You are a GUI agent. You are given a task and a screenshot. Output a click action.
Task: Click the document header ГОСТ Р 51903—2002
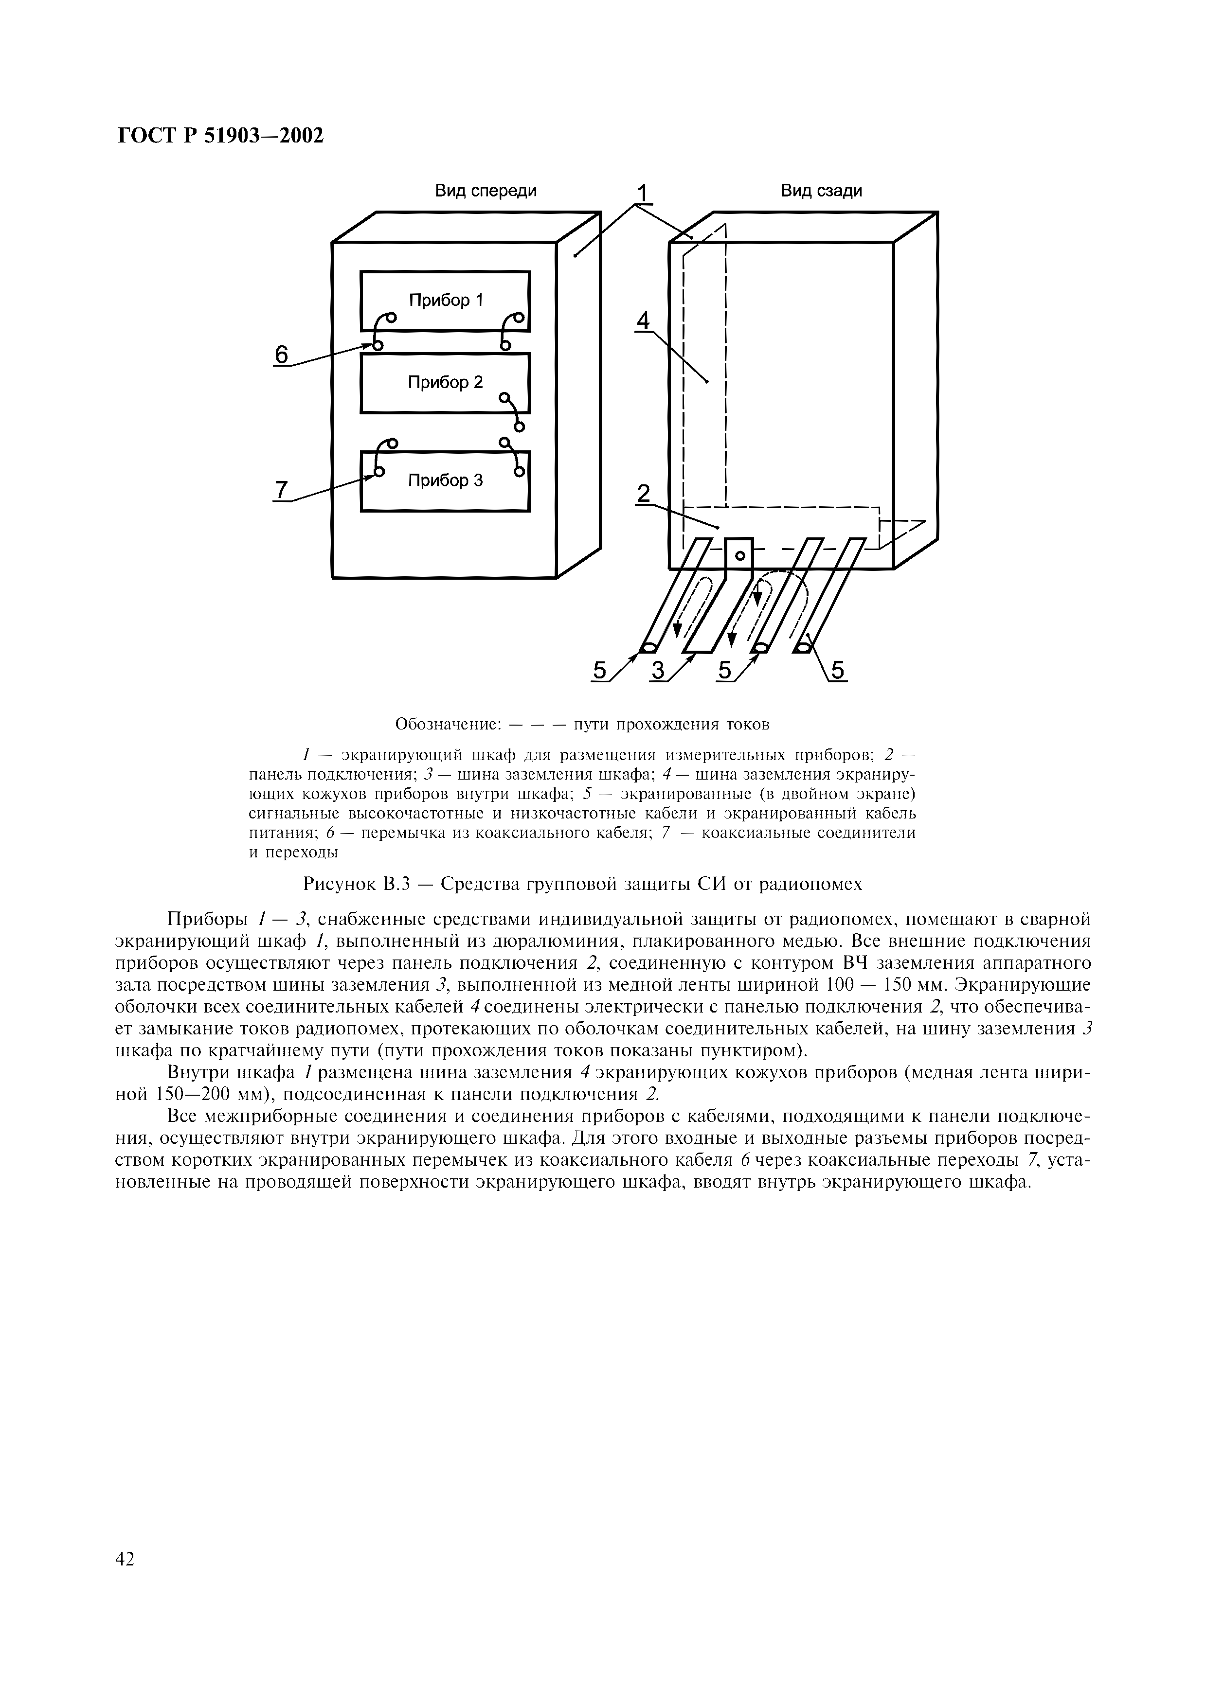[x=221, y=137]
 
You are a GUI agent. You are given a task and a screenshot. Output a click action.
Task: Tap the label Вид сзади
[x=821, y=191]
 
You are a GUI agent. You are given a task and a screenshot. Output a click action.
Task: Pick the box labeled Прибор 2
[x=445, y=383]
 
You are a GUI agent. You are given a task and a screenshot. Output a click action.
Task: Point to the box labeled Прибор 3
[x=445, y=481]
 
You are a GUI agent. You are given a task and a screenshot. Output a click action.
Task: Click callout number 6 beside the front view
[x=281, y=355]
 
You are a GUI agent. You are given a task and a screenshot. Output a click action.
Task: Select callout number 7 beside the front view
[x=281, y=490]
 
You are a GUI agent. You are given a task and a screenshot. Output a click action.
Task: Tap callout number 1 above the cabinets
[x=643, y=194]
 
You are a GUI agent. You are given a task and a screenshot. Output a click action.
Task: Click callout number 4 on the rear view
[x=643, y=321]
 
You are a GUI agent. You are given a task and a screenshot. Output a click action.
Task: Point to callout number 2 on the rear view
[x=643, y=494]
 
